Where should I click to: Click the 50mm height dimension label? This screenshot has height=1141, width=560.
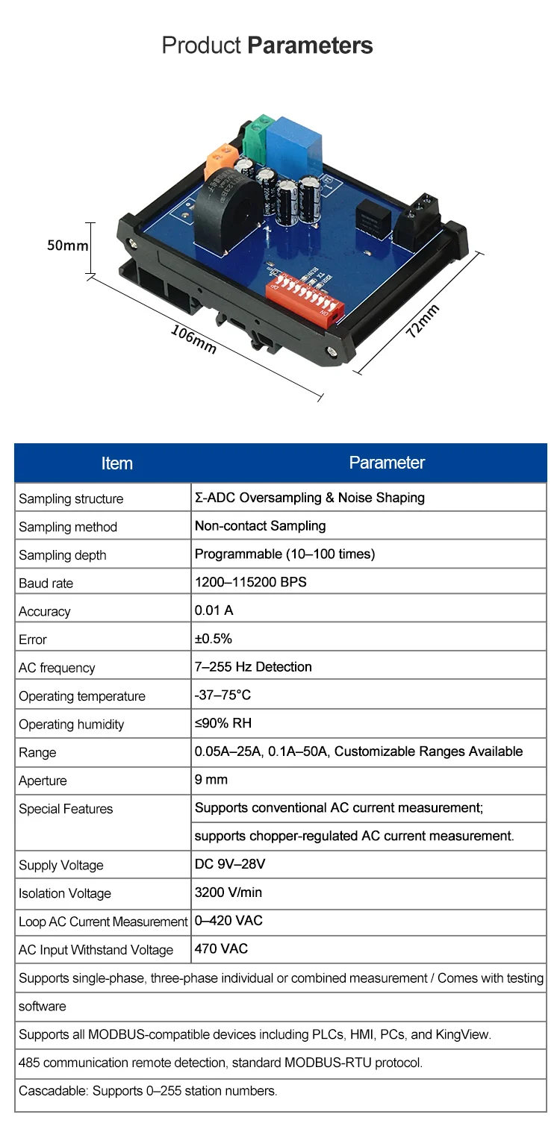point(68,246)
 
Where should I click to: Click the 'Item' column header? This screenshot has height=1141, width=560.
point(116,463)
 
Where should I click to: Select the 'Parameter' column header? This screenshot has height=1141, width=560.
point(387,463)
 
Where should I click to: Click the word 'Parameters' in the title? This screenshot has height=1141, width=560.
point(310,46)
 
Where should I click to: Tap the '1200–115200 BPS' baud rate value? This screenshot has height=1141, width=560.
point(250,582)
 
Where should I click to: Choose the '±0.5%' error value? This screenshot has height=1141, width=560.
point(214,639)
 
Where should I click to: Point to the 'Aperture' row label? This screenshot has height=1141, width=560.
point(43,781)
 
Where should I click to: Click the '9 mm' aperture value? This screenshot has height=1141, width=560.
point(211,780)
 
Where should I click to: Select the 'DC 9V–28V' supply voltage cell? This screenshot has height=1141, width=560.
point(230,864)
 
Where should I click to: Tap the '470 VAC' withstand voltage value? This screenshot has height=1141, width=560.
point(221,949)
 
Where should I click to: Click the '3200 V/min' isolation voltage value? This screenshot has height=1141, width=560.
point(228,893)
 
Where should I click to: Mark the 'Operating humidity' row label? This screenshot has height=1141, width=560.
point(72,725)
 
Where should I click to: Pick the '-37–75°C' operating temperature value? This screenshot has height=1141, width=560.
point(223,695)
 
